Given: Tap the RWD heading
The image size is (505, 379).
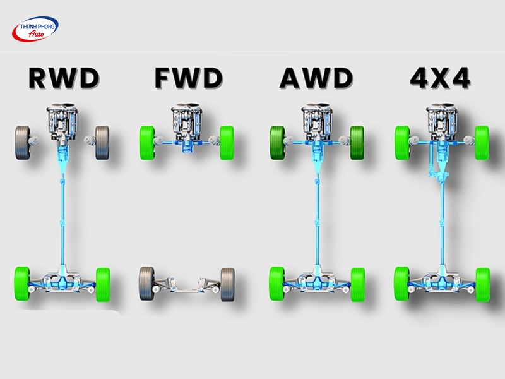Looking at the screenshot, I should click(x=64, y=79).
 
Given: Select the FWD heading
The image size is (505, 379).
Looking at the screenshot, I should click(x=188, y=79).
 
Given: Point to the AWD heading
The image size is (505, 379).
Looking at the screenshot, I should click(x=316, y=79).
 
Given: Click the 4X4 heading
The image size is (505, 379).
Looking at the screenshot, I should click(x=440, y=79).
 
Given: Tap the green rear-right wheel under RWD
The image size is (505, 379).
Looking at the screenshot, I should click(x=102, y=284).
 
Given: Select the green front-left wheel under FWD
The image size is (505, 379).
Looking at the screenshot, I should click(x=147, y=143).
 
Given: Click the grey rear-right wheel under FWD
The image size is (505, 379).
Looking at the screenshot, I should click(x=227, y=284).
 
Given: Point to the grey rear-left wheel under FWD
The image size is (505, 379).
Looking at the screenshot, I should click(x=146, y=284).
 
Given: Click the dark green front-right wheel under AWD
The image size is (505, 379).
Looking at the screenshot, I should click(x=357, y=143).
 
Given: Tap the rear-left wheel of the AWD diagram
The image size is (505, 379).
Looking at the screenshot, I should click(x=276, y=284).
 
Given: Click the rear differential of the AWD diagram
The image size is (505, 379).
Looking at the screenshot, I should click(x=316, y=278).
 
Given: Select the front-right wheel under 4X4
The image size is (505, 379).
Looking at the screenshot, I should click(x=482, y=143).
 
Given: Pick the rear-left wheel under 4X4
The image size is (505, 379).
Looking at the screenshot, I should click(x=401, y=284).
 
